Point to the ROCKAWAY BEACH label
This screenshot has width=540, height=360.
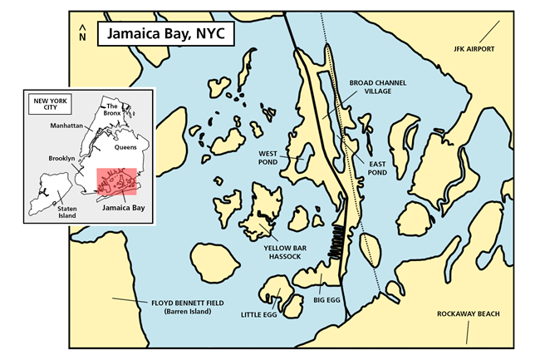pos(468,313)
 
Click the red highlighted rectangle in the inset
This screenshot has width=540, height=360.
pos(116,183)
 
